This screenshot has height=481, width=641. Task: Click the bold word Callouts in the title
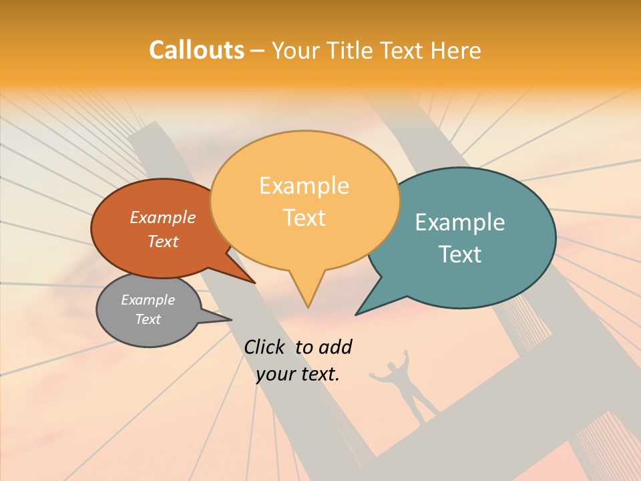coord(196,50)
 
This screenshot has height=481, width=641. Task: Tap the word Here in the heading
coord(455,50)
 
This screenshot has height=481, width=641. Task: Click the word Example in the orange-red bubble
coord(163,217)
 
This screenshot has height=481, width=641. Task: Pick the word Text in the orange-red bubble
coord(163,241)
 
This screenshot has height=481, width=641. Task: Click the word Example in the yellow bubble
coord(304,186)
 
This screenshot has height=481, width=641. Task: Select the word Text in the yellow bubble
coord(304,218)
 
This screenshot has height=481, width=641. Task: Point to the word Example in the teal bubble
coord(460,222)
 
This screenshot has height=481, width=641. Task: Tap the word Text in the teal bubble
coord(460,255)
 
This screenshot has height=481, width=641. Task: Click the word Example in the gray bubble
coord(148,300)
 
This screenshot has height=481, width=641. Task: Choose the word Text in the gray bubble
coord(148,319)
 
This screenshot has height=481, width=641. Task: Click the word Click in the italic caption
coord(264,347)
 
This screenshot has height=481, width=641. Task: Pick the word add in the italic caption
coord(336,347)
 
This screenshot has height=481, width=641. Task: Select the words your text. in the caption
coord(298,374)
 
